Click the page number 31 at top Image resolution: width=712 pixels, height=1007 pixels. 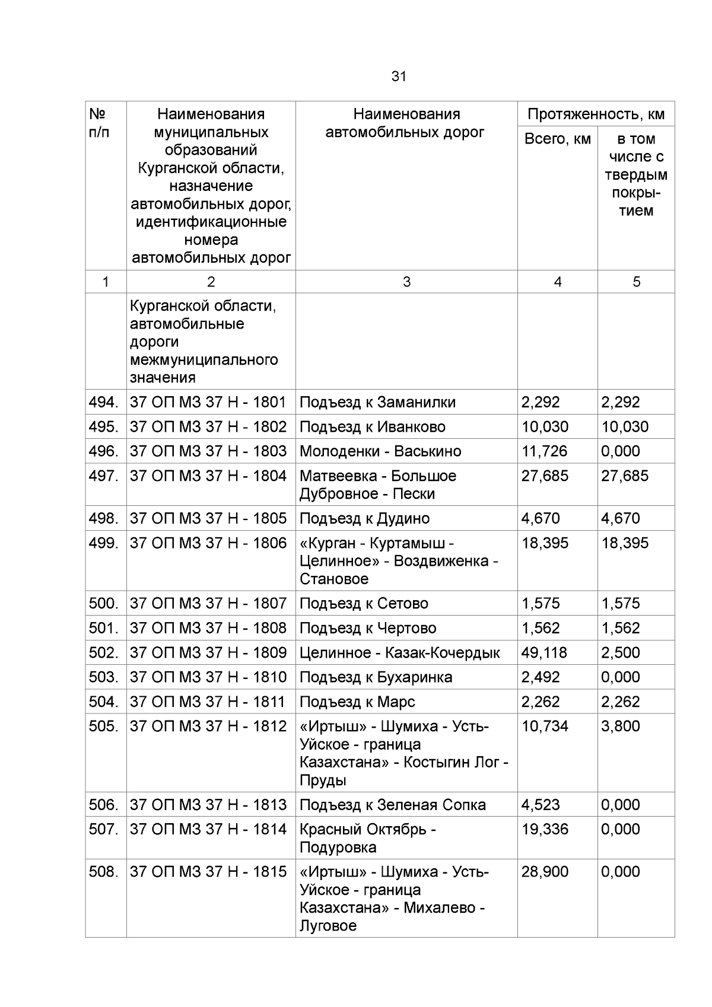click(x=399, y=77)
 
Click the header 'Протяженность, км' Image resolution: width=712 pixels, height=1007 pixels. click(x=596, y=114)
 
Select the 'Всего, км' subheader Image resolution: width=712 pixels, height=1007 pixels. click(x=557, y=139)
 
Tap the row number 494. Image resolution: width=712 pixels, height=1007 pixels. click(x=104, y=402)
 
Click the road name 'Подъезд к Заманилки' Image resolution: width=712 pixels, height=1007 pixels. click(x=377, y=402)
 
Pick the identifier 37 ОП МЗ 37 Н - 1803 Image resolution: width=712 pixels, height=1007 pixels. click(x=208, y=451)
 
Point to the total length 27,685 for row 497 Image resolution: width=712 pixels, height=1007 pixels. click(x=545, y=476)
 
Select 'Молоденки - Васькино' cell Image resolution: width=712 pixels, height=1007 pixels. click(x=380, y=451)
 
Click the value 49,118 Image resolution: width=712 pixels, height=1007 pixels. click(x=544, y=652)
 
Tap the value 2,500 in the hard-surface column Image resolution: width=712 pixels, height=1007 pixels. click(x=620, y=652)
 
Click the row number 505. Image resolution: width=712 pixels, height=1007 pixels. click(x=104, y=726)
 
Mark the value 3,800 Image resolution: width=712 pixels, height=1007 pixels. click(x=620, y=726)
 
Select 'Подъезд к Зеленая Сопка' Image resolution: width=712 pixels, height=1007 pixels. click(x=392, y=805)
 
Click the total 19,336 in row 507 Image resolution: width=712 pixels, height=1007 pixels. click(x=545, y=829)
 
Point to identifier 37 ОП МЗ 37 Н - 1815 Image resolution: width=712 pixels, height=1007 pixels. click(x=208, y=872)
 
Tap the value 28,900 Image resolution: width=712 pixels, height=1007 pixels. click(x=545, y=872)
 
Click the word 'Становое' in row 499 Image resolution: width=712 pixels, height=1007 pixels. click(x=334, y=579)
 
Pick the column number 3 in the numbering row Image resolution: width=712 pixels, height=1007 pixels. click(x=406, y=282)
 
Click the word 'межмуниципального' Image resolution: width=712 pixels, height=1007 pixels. click(x=204, y=360)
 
